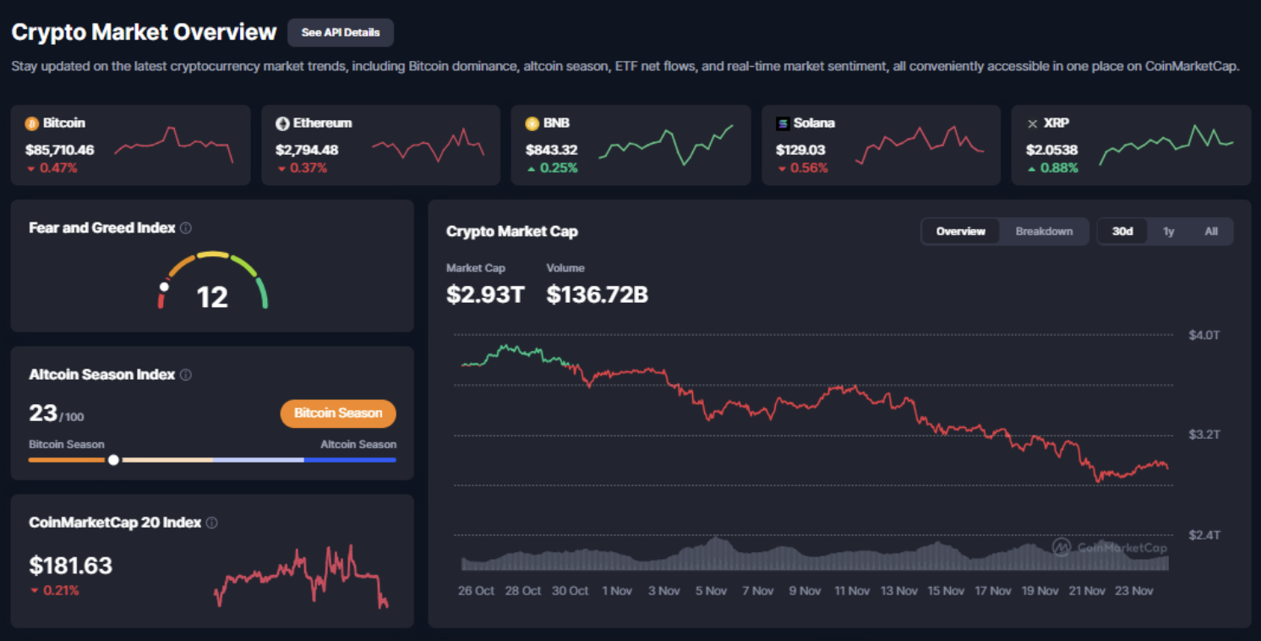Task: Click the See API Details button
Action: [341, 32]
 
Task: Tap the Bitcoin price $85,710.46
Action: [60, 150]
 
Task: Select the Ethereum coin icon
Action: [283, 123]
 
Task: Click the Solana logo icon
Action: [783, 123]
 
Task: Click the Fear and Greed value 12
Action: [212, 296]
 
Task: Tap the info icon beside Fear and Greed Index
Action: [186, 228]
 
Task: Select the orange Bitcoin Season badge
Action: [338, 414]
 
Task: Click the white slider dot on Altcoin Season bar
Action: [113, 460]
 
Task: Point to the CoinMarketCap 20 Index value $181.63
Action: [71, 565]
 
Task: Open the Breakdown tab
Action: [1044, 231]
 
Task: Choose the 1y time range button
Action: [1168, 231]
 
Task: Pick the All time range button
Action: [1211, 231]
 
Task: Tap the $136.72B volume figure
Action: [597, 293]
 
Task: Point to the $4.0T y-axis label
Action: [1204, 335]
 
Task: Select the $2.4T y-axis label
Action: [1204, 535]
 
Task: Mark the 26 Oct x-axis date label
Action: [477, 590]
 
